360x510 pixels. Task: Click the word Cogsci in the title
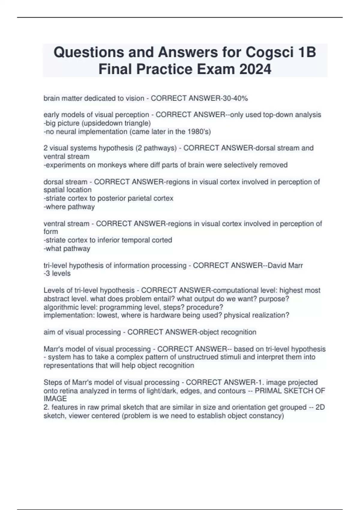click(269, 52)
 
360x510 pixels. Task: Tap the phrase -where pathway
click(69, 207)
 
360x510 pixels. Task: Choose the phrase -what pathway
click(67, 248)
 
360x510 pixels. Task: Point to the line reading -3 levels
click(57, 274)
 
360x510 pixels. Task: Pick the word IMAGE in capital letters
click(55, 399)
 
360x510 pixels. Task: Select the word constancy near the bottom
click(267, 416)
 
